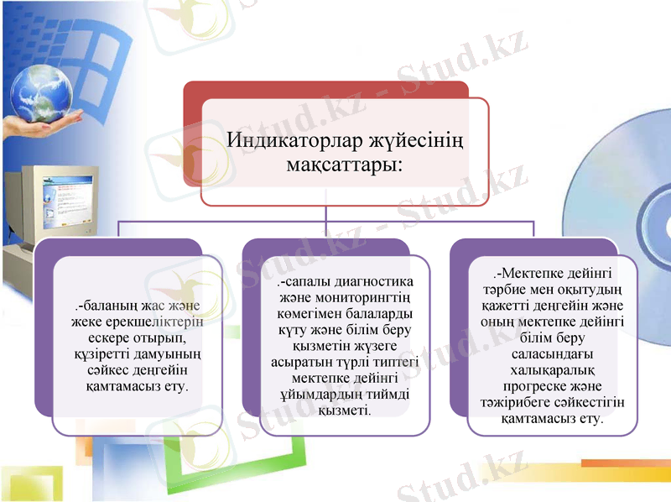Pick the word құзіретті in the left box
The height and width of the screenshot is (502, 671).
click(99, 353)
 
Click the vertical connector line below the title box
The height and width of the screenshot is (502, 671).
click(326, 215)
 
